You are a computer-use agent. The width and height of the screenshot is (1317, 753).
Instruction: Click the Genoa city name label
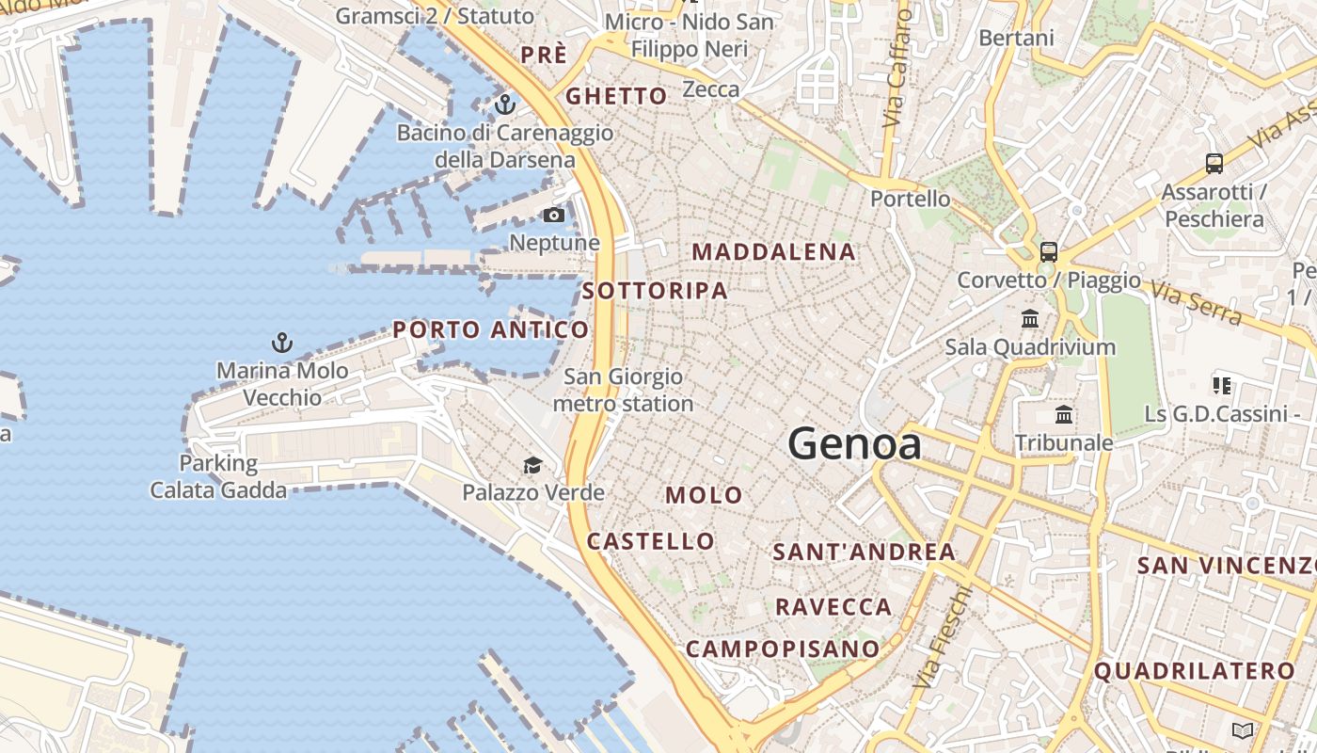pos(854,443)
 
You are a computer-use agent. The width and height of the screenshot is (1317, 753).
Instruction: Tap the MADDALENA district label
pos(774,252)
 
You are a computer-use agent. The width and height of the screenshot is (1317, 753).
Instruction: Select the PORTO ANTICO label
pos(491,329)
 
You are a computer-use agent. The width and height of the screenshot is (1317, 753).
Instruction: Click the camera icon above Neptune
pos(554,216)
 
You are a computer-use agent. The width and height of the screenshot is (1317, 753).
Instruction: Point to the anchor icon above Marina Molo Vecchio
pos(280,342)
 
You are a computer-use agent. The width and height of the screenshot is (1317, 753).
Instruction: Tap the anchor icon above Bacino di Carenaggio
pos(505,104)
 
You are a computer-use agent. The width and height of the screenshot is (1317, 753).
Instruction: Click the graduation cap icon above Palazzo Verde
pos(532,465)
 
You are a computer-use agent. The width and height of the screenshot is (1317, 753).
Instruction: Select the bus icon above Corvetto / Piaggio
pos(1048,252)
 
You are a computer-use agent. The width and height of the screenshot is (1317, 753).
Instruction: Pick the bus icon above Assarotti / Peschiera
pos(1214,164)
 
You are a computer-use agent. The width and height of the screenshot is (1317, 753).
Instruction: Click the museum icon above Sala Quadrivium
pos(1030,319)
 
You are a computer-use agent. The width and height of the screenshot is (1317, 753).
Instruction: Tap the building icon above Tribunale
pos(1064,414)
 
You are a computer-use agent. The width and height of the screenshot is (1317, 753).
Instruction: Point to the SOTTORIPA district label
pos(655,291)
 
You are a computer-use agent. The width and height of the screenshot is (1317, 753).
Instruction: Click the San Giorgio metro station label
pos(623,391)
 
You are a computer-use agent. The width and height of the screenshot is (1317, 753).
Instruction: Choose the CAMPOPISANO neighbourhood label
pos(782,649)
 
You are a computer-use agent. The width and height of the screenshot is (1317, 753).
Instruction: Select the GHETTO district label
pos(616,96)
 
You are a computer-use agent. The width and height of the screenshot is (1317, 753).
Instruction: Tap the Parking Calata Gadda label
pos(218,476)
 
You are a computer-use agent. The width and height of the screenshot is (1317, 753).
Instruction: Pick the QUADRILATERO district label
pos(1195,671)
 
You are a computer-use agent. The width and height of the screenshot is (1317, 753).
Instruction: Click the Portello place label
pos(910,199)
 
